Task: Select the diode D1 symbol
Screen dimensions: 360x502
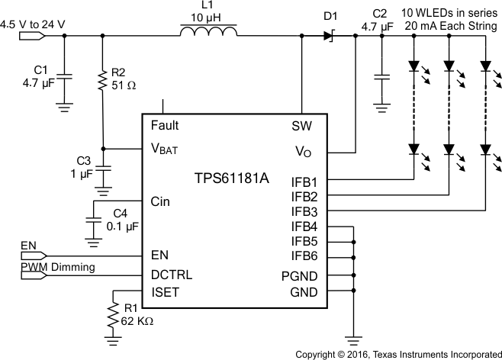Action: (330, 35)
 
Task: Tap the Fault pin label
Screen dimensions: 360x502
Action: (165, 125)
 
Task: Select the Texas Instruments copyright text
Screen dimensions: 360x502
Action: (397, 354)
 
